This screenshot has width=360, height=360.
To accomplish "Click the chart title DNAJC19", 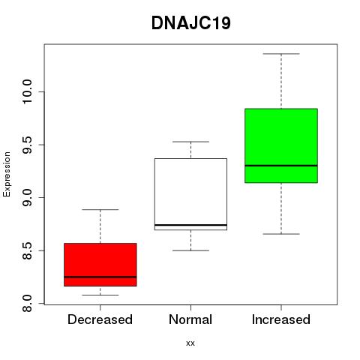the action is click(x=191, y=23).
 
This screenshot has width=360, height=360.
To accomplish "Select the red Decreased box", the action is click(x=100, y=265).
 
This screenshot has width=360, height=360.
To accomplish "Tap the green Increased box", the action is click(x=281, y=145).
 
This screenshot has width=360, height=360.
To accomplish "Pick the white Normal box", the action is click(x=190, y=194).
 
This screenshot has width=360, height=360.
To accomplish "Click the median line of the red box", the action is click(x=100, y=277).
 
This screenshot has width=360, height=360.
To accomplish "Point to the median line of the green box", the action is click(x=281, y=166).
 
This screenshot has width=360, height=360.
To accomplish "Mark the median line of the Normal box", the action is click(x=190, y=225).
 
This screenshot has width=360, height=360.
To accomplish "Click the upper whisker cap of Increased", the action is click(x=281, y=54).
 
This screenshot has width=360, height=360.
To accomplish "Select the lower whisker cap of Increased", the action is click(x=281, y=234).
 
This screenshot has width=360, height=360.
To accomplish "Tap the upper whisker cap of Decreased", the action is click(x=100, y=209).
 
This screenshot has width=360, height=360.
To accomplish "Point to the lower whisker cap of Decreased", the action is click(x=100, y=295).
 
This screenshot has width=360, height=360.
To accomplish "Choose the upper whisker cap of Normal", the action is click(x=190, y=142).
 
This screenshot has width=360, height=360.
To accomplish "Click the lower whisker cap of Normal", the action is click(x=190, y=250).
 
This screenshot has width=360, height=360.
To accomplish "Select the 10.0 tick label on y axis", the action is click(x=27, y=91).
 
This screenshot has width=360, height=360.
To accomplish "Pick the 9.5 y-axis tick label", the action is click(x=27, y=145).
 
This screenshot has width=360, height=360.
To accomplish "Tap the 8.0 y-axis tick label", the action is click(x=27, y=304).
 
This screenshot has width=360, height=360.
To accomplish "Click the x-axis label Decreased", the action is click(x=100, y=319).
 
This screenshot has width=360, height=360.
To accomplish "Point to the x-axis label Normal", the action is click(x=190, y=319).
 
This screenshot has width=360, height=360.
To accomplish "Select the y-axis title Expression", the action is click(x=7, y=175).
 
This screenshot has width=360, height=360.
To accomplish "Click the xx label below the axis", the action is click(x=190, y=343).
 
